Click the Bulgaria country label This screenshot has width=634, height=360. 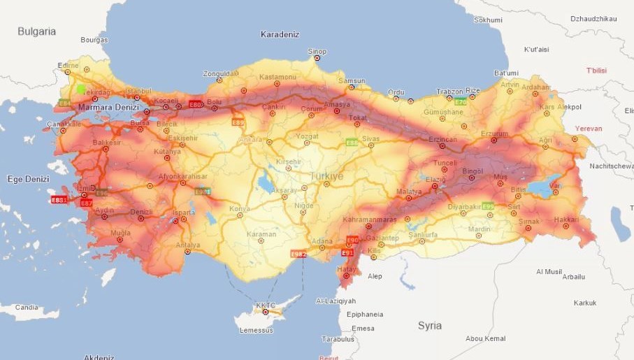point(36,31)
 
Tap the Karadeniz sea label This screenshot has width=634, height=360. point(280,34)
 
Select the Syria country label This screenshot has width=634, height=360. point(429,326)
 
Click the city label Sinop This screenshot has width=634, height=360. point(317,51)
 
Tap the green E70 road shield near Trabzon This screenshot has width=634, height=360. point(459,102)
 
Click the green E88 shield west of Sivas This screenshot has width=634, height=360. point(351,143)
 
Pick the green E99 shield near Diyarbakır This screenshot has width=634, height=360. point(487,206)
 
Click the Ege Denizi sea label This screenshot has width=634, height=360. point(28,179)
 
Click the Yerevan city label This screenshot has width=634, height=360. point(588,129)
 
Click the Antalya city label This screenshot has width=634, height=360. point(187,245)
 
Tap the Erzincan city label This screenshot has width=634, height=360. point(442,139)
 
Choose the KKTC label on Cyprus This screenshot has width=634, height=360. point(266,305)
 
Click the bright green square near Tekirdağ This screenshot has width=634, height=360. point(81,89)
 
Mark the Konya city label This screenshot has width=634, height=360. point(240,208)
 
